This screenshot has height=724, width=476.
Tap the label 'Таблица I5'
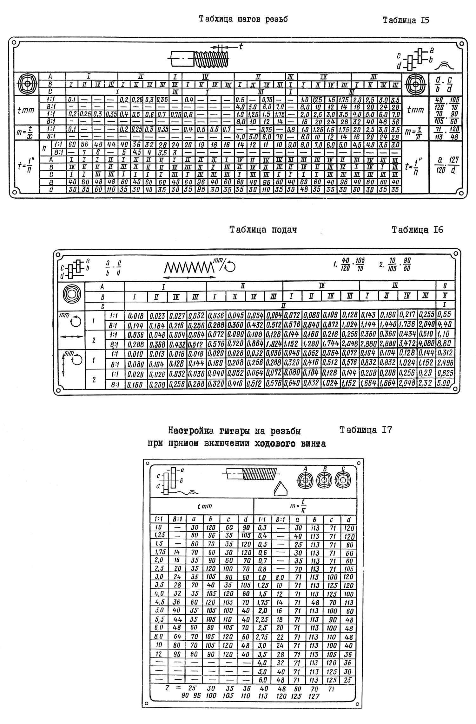[x=406, y=21]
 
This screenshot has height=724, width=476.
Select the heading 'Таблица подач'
[x=263, y=230]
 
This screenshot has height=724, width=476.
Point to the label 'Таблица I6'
[x=417, y=230]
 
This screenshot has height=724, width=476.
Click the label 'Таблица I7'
[x=366, y=430]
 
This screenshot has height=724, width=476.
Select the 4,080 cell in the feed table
[x=426, y=344]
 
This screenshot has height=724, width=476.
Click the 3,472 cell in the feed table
[x=407, y=344]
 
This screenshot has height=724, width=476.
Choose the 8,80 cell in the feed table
[x=445, y=344]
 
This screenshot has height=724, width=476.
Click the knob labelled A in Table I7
[x=305, y=481]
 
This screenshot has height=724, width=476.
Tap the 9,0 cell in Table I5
[x=291, y=145]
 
